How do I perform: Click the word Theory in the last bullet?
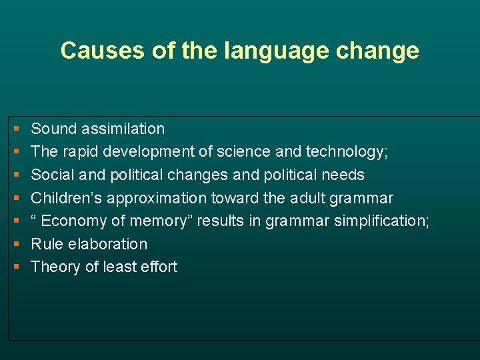54,267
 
